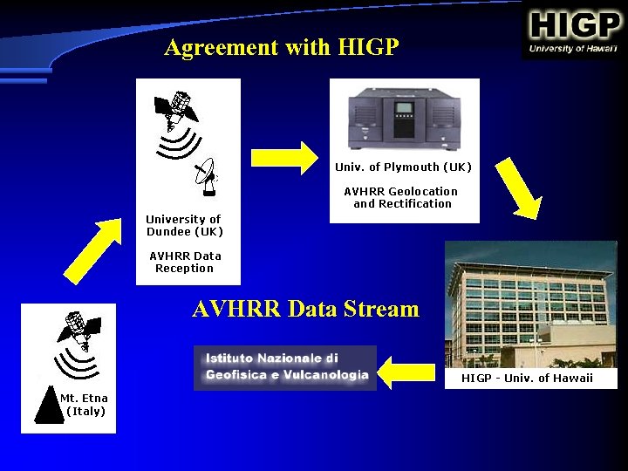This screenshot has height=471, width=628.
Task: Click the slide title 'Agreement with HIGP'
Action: click(281, 47)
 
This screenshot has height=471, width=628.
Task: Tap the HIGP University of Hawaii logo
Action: click(574, 32)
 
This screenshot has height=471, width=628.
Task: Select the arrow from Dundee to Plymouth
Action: click(284, 157)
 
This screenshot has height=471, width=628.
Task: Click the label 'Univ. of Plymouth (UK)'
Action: click(403, 167)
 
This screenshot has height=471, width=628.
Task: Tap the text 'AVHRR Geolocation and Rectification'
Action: click(401, 197)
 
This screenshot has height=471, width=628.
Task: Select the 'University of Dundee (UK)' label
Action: click(184, 225)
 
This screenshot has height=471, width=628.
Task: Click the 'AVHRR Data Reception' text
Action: click(185, 262)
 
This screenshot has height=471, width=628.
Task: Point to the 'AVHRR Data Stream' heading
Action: click(305, 309)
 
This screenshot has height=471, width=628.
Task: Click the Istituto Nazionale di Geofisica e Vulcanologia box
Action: click(285, 367)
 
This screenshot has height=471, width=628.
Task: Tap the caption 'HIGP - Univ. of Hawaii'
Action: click(527, 378)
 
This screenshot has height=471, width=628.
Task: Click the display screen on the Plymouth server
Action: click(404, 109)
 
